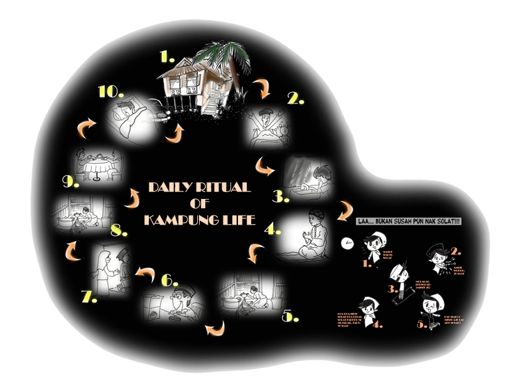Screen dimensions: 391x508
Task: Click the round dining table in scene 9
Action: point(97,169)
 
